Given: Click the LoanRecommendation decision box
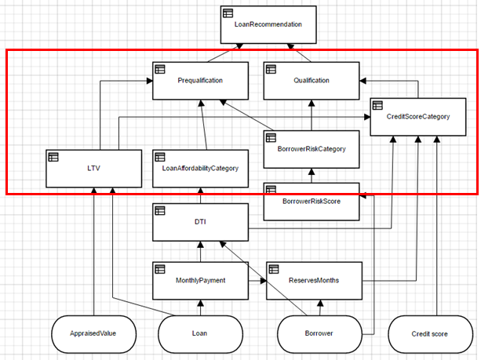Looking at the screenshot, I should (267, 26).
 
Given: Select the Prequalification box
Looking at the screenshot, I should (200, 80).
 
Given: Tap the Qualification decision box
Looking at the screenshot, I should (312, 80).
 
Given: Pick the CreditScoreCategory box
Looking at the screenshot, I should (418, 117).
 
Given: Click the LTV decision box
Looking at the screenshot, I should (93, 168).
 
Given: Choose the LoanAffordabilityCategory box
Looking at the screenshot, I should (200, 168).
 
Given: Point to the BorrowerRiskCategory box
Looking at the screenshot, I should (312, 149).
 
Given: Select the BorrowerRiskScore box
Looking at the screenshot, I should (312, 201).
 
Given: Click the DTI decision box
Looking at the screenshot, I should (200, 223).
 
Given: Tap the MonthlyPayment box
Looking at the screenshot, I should (200, 280).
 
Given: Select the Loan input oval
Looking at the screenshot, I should (200, 333).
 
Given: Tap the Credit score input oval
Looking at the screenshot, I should (429, 333).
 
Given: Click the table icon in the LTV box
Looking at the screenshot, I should (53, 156).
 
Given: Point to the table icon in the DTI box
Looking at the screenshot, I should (160, 211).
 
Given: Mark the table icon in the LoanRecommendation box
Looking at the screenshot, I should (228, 13).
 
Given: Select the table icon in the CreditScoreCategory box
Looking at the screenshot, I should (377, 105).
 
